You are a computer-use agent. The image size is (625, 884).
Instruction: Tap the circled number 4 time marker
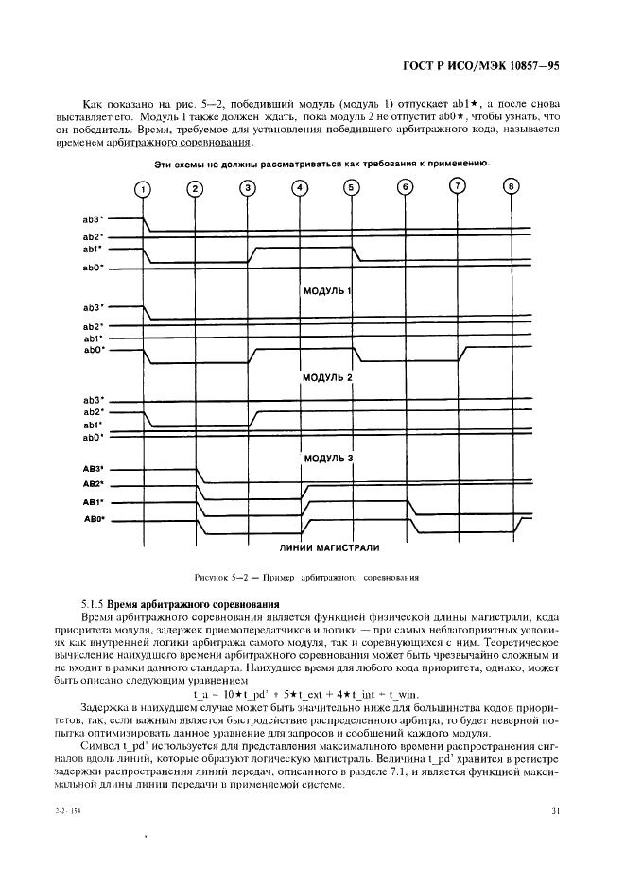coord(300,187)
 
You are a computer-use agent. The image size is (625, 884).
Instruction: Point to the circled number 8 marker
coord(512,185)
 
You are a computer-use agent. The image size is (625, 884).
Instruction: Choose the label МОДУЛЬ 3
coord(327,459)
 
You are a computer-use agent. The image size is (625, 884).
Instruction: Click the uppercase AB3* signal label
coord(92,468)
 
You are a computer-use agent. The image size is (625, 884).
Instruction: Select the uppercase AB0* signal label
coord(92,519)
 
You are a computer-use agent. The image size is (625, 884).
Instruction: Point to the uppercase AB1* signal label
coord(92,502)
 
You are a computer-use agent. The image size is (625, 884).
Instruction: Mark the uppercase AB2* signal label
coord(92,484)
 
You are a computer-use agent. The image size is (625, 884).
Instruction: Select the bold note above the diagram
coord(321,163)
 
